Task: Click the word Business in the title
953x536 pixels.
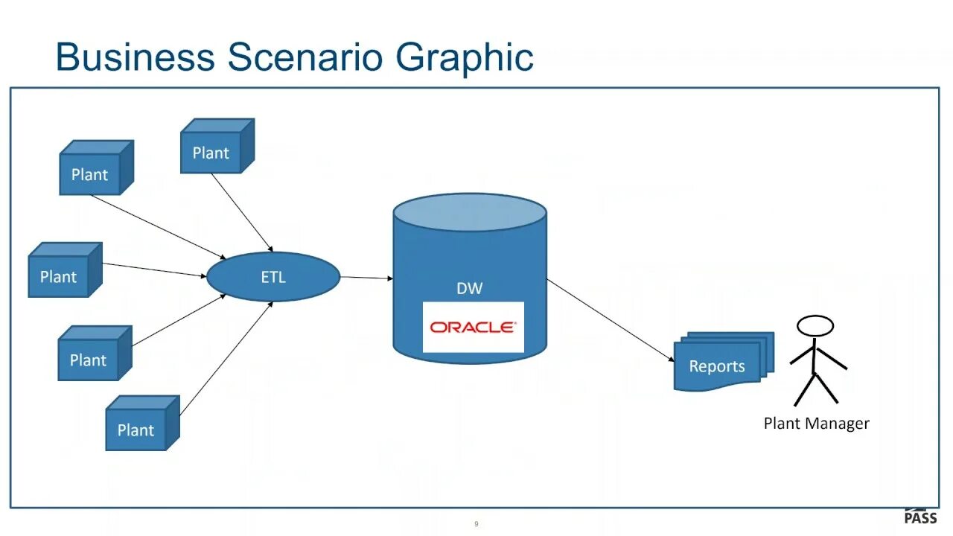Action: pos(136,57)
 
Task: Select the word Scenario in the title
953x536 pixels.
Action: pos(306,57)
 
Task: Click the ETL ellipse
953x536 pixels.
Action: pos(272,277)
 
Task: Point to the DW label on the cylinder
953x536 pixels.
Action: pos(469,288)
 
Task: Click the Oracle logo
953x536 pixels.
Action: pos(473,327)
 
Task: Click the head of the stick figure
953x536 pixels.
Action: pos(815,326)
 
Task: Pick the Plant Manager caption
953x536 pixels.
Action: pos(816,424)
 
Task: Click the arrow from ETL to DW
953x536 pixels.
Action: pos(366,278)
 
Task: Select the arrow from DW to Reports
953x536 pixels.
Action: pos(611,320)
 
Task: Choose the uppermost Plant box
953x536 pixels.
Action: pos(211,152)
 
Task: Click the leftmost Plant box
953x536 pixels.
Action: pos(59,276)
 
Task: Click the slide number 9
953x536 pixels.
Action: pos(476,524)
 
